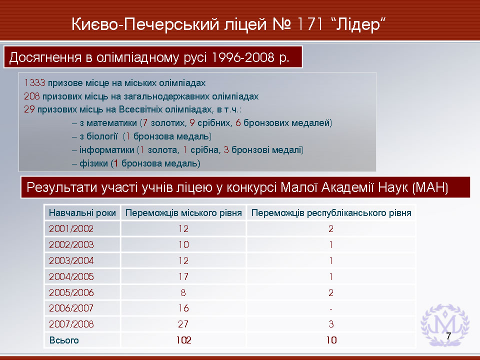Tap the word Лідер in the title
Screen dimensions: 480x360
[x=357, y=24]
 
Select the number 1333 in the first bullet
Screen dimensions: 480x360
[x=34, y=83]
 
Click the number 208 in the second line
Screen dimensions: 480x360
[x=32, y=96]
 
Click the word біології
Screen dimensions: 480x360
[x=98, y=136]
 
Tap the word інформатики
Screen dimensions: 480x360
[x=107, y=150]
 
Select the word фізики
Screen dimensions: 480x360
[x=93, y=163]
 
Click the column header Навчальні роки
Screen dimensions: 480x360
[x=82, y=213]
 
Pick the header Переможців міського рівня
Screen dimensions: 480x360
[x=183, y=213]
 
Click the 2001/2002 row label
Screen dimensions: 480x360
[x=71, y=228]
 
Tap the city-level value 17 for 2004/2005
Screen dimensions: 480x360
[x=183, y=276]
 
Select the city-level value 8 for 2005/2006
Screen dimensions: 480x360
[x=183, y=292]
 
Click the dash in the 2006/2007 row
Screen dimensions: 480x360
[x=331, y=309]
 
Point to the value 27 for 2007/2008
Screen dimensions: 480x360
[x=183, y=324]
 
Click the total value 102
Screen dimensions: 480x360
[x=183, y=340]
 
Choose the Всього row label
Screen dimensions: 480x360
[x=64, y=340]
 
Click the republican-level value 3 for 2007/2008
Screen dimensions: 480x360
[x=331, y=324]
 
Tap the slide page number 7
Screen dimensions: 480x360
[x=448, y=336]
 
